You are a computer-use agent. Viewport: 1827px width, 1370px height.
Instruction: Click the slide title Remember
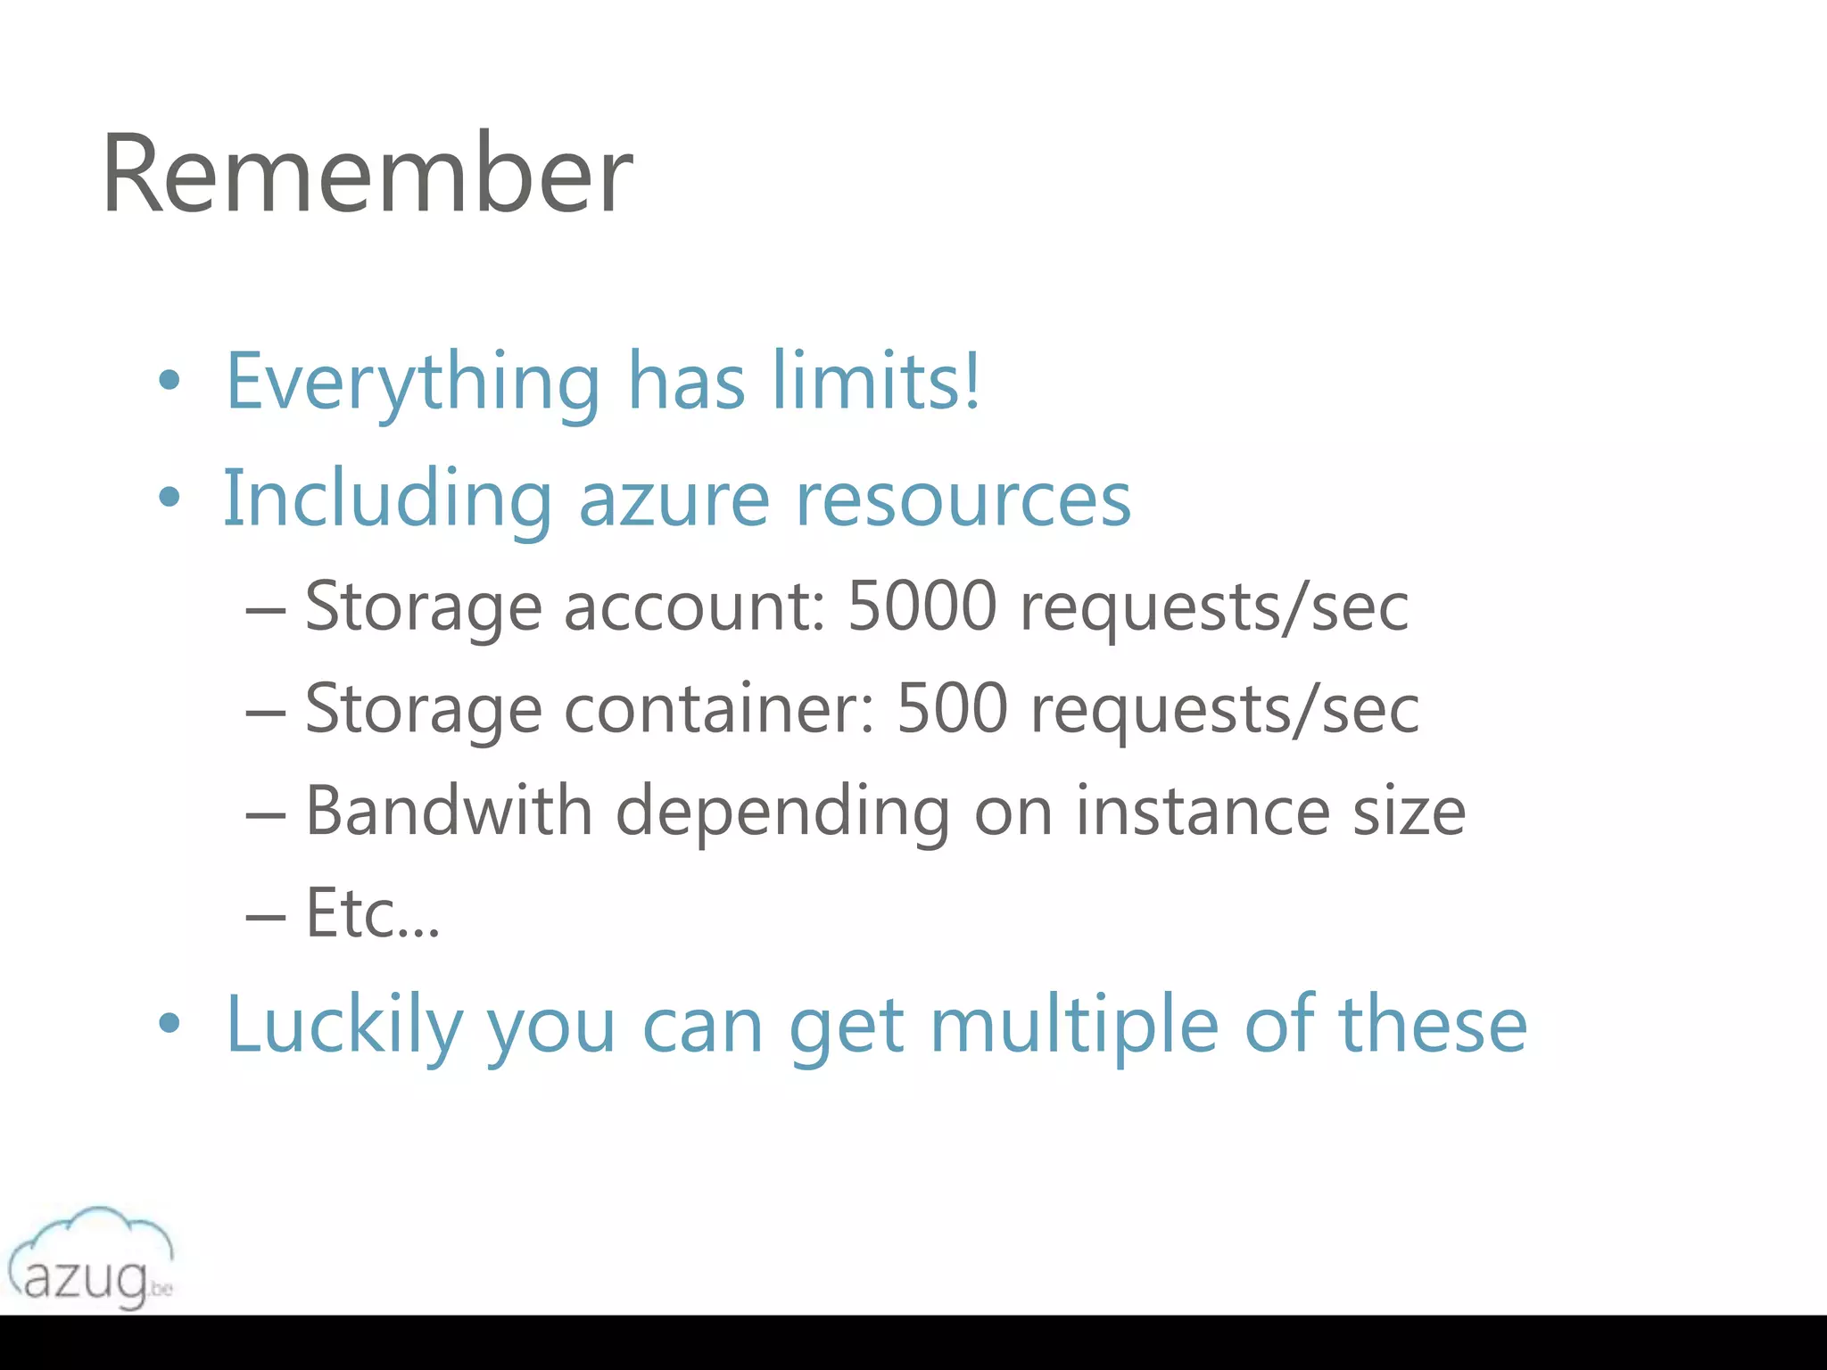click(367, 173)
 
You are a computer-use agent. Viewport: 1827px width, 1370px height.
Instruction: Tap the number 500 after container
click(952, 708)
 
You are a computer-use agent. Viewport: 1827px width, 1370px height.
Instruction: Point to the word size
click(1409, 812)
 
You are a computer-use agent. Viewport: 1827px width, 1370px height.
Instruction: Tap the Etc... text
click(373, 913)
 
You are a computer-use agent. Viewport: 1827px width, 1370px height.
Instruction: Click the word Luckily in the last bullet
click(344, 1026)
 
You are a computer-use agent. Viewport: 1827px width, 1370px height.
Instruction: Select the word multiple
click(1074, 1026)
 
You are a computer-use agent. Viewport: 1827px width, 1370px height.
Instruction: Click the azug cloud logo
click(90, 1258)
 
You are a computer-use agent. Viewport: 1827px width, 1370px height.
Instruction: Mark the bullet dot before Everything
click(169, 382)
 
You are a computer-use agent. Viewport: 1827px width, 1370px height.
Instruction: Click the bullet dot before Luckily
click(169, 1024)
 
